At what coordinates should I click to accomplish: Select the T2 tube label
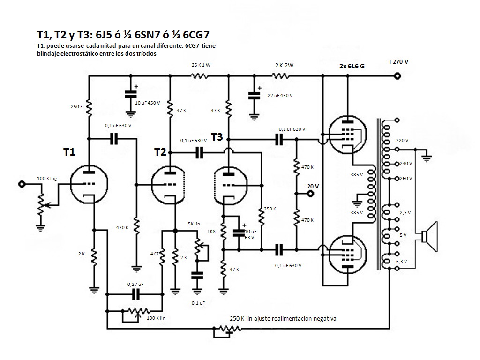(x=160, y=152)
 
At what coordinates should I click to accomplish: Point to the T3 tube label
(x=217, y=137)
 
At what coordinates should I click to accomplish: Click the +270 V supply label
(x=398, y=62)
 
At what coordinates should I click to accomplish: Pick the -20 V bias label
(x=312, y=186)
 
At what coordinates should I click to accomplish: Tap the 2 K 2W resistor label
(x=284, y=65)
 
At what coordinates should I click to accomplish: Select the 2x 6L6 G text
(x=352, y=66)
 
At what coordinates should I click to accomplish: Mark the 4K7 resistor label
(x=154, y=254)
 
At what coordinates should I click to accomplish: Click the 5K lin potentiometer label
(x=194, y=225)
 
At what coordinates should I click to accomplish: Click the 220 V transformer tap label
(x=402, y=140)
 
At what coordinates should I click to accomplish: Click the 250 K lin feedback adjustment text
(x=283, y=318)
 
